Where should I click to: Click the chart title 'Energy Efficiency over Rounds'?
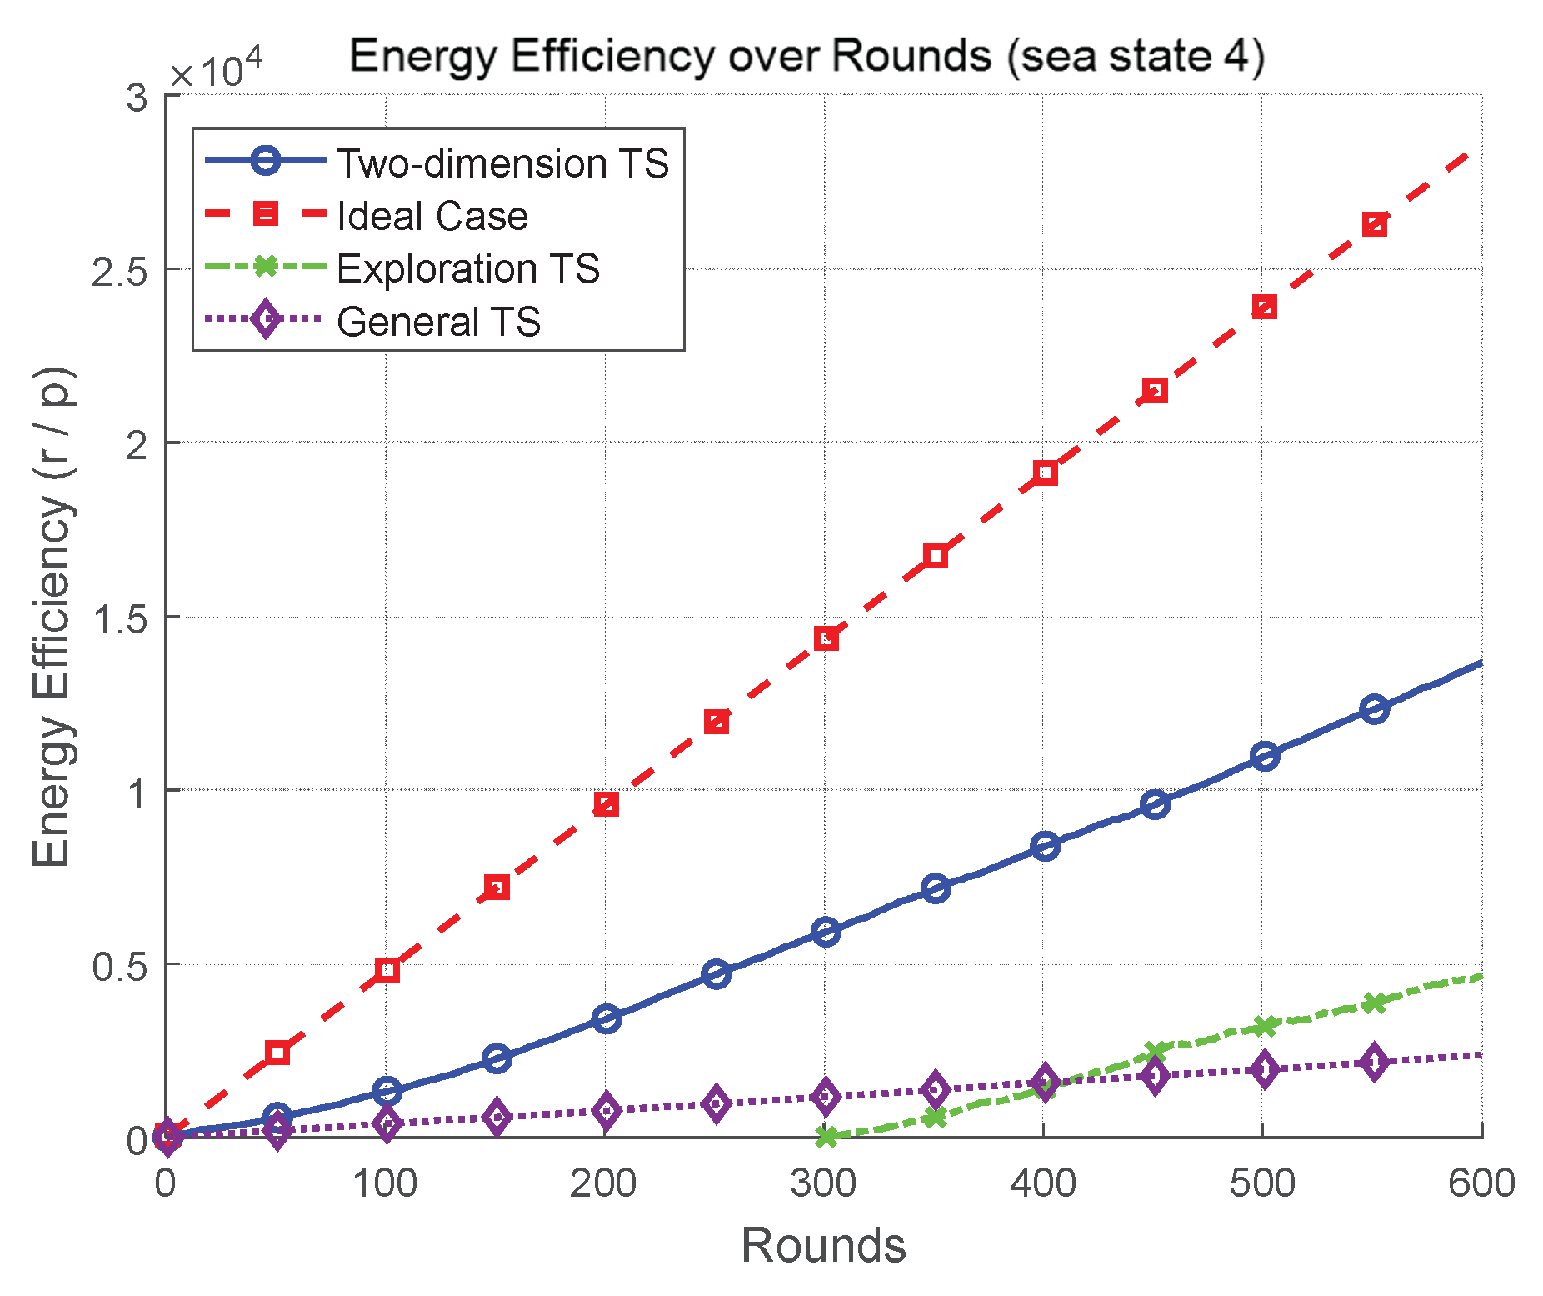(806, 57)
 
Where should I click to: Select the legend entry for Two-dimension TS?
(502, 163)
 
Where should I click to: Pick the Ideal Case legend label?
(432, 216)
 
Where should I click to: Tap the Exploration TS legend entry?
(467, 268)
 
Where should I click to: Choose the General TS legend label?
(438, 322)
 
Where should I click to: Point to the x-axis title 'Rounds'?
(823, 1246)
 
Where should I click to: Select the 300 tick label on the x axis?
(824, 1183)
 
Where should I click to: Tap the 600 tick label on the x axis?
(1481, 1183)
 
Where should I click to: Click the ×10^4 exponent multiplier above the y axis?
(215, 70)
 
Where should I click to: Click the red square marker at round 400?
(1045, 473)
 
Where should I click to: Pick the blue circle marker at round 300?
(826, 931)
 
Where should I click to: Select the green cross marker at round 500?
(1264, 1026)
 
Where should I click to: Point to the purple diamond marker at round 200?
(607, 1111)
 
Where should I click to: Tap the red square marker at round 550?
(1374, 224)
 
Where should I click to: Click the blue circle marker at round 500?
(1264, 756)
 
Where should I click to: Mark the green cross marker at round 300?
(826, 1136)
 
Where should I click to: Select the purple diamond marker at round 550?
(1374, 1062)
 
